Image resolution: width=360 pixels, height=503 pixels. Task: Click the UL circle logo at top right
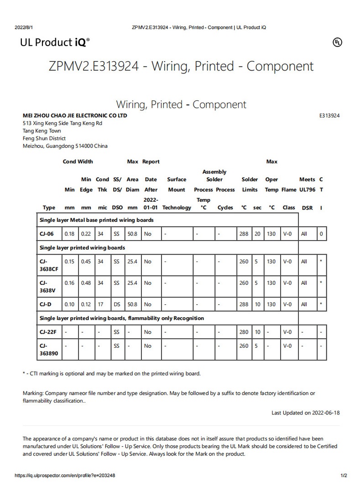(337, 42)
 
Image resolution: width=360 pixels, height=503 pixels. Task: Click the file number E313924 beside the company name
(329, 115)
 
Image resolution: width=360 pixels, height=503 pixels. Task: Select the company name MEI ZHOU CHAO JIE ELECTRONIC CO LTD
(75, 115)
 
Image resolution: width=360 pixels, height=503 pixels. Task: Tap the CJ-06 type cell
(47, 234)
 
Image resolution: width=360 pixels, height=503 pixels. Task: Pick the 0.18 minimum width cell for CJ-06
(69, 234)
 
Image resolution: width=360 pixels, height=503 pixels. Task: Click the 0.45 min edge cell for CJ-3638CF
(86, 262)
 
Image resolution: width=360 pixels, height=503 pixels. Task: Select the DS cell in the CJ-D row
(116, 304)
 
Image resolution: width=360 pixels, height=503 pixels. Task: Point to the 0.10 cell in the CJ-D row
(69, 304)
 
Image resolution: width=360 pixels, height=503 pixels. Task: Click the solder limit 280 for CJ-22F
(244, 332)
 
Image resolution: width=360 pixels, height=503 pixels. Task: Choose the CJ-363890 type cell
(49, 349)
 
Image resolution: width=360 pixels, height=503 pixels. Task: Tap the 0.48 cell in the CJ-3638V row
(86, 283)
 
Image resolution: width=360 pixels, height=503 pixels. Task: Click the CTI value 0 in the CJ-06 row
(321, 234)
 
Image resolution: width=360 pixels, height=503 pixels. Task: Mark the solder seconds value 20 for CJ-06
(257, 234)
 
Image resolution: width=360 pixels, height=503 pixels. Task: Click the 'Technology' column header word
(177, 208)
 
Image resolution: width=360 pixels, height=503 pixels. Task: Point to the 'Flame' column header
(288, 190)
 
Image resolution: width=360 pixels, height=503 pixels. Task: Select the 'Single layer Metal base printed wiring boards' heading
(96, 220)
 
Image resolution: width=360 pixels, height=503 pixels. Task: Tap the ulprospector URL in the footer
(65, 475)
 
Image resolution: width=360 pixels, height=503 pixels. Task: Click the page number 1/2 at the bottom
(344, 475)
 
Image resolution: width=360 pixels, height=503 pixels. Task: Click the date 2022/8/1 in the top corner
(24, 27)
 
